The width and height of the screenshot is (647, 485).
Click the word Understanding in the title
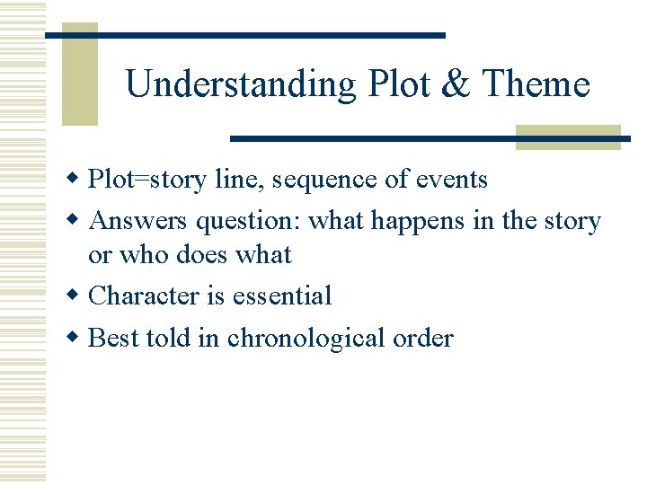tap(241, 84)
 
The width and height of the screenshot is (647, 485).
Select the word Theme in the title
tap(536, 84)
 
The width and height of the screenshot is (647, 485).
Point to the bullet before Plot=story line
tap(76, 179)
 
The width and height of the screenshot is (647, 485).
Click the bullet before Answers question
tap(76, 220)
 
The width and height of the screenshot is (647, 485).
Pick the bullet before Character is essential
tap(76, 295)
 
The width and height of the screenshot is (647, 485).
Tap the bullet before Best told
tap(76, 338)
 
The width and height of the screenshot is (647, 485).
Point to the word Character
tap(145, 295)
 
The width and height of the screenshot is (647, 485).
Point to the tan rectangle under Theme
tap(568, 137)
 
